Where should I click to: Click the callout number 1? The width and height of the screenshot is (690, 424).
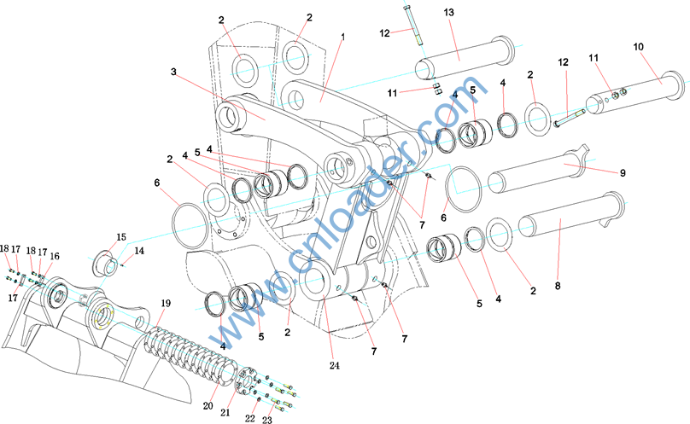pos(342,38)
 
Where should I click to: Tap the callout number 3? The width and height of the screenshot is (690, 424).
pos(173,72)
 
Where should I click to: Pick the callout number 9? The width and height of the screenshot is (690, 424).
pos(623,173)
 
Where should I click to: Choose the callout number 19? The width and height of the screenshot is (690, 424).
pos(166,304)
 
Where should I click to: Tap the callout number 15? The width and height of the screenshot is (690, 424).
pos(120,236)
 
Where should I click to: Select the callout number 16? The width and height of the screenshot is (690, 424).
pos(55,256)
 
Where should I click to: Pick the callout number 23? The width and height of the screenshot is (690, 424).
pos(266,419)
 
